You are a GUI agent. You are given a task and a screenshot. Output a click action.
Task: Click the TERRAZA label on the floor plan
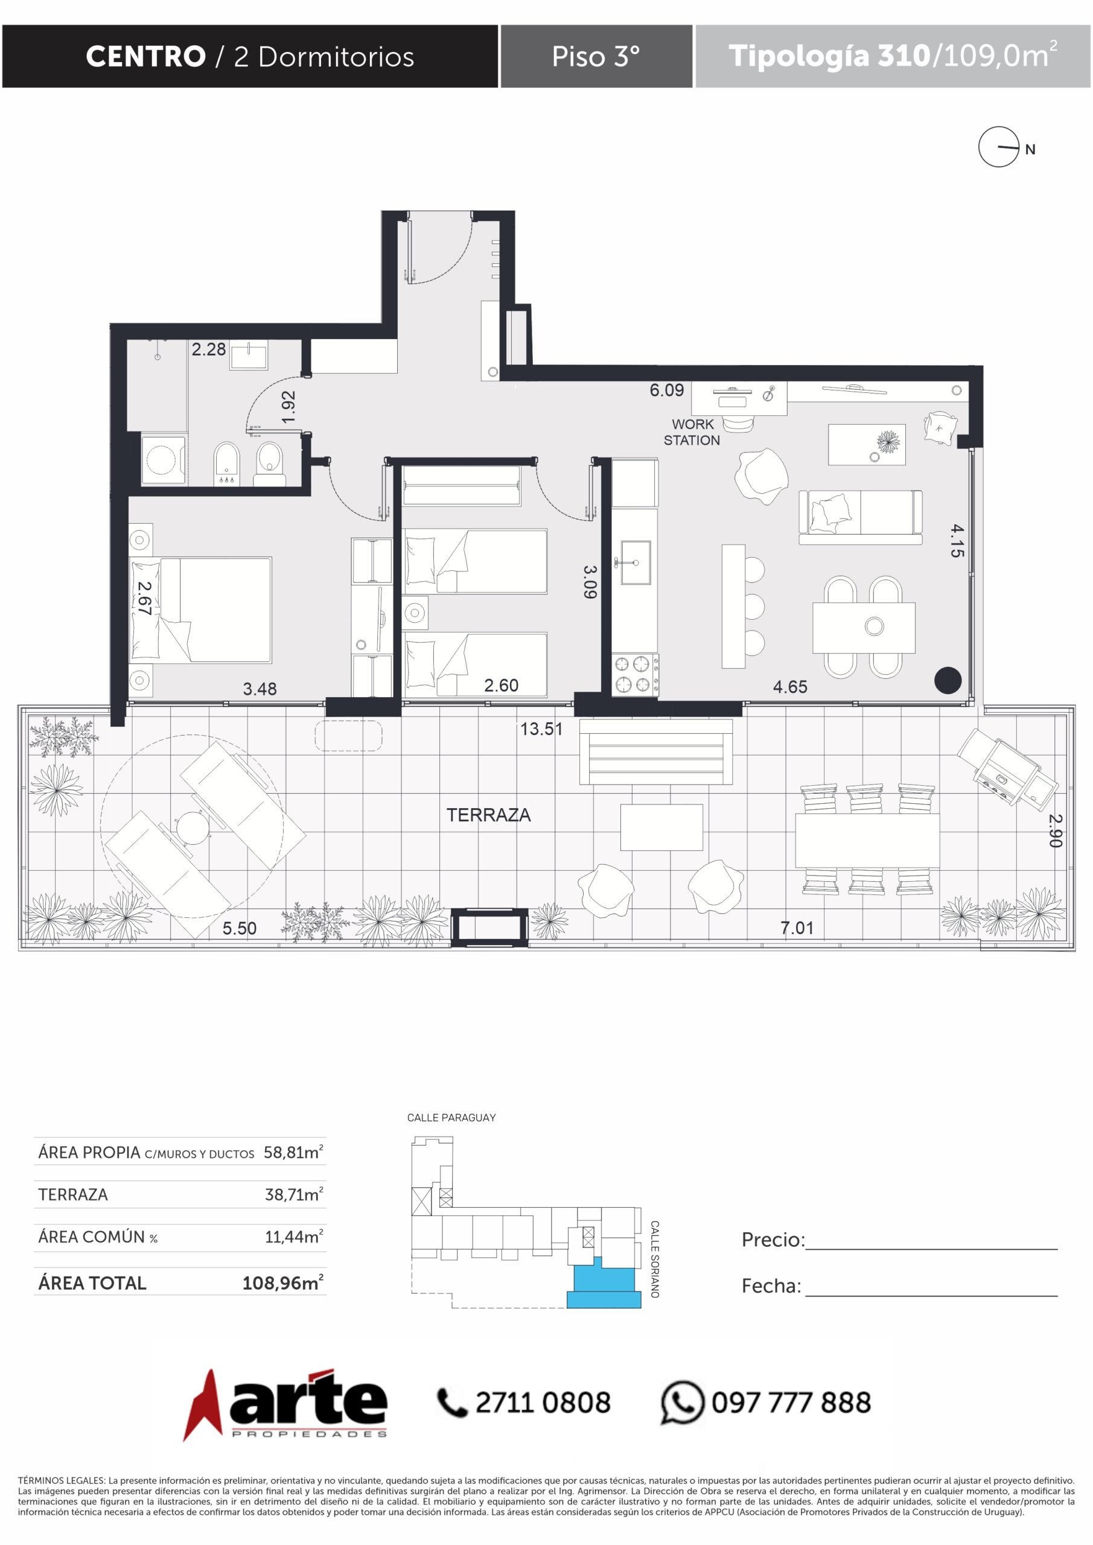[x=489, y=815]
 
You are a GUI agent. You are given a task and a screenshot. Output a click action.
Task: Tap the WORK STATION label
[x=692, y=432]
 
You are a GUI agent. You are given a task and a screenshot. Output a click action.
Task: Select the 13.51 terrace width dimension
[x=541, y=729]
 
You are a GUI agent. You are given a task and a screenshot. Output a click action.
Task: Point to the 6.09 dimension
[x=666, y=390]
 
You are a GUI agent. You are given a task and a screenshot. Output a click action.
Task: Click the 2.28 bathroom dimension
[x=209, y=349]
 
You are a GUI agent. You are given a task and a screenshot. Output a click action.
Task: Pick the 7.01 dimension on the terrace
[x=797, y=928]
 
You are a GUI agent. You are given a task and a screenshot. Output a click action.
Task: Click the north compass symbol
[x=999, y=147]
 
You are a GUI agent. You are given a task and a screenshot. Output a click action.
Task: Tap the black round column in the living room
[x=948, y=680]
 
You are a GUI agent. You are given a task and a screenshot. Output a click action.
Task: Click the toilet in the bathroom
[x=269, y=463]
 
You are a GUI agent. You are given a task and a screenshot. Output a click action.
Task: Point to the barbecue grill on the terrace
[x=1006, y=768]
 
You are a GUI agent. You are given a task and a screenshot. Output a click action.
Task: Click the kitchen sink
[x=636, y=562]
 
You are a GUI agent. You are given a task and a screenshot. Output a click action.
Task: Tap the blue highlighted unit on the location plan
[x=604, y=1286]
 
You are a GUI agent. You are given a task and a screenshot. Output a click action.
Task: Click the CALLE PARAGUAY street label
[x=451, y=1118]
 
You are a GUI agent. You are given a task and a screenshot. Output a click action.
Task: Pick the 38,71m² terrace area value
[x=294, y=1194]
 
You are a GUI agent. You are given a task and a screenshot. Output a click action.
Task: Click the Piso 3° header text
[x=596, y=57]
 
